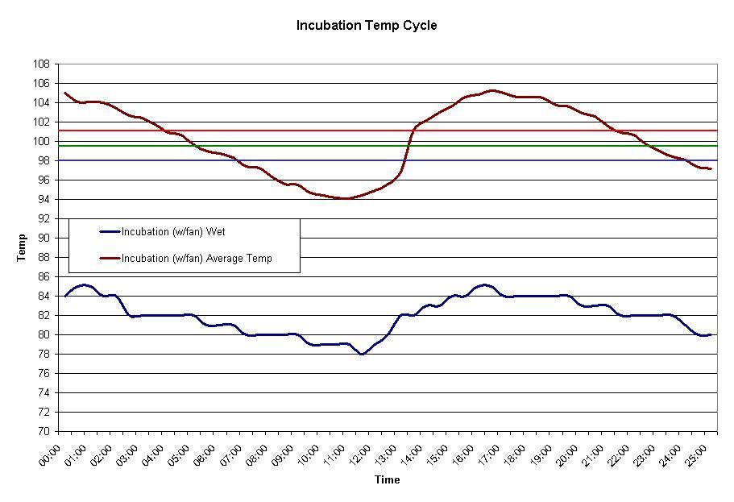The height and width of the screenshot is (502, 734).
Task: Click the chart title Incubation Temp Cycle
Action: (x=367, y=26)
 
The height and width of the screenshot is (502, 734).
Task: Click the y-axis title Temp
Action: (x=22, y=247)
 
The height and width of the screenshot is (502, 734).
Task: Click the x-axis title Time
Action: (x=387, y=480)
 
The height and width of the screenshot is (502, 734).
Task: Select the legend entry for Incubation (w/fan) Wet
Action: (x=172, y=232)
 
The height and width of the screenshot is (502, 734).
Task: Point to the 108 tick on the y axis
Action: (x=42, y=64)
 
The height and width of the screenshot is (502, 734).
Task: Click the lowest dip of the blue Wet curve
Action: (x=363, y=354)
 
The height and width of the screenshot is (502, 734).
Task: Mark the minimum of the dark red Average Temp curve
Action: (x=345, y=198)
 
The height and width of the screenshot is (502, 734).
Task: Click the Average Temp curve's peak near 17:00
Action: (x=491, y=90)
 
